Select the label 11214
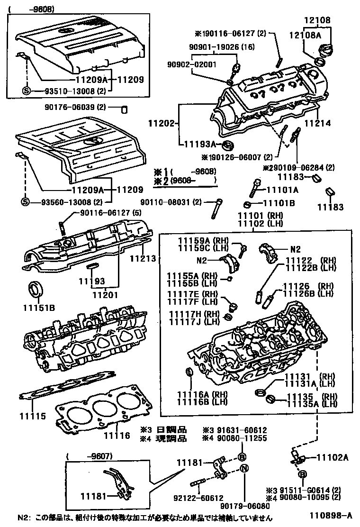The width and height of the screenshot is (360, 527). (317, 123)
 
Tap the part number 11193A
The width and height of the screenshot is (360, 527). (199, 144)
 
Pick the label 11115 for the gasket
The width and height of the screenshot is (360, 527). (33, 417)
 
